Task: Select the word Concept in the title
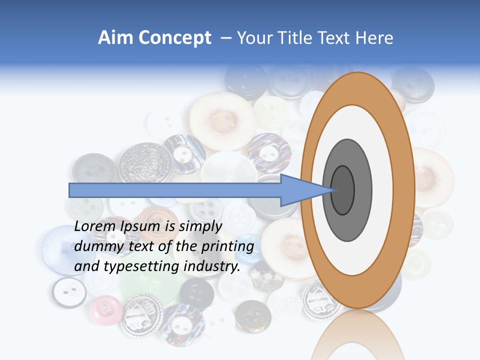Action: click(175, 38)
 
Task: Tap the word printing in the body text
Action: click(226, 246)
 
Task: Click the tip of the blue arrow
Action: click(331, 190)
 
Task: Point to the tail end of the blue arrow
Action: click(70, 190)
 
